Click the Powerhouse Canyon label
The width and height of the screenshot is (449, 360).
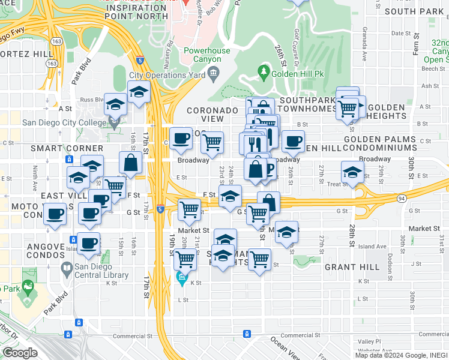click(206, 55)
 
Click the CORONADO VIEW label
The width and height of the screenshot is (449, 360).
click(212, 115)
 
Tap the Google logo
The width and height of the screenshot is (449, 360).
click(20, 353)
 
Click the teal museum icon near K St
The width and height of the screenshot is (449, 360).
click(181, 278)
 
